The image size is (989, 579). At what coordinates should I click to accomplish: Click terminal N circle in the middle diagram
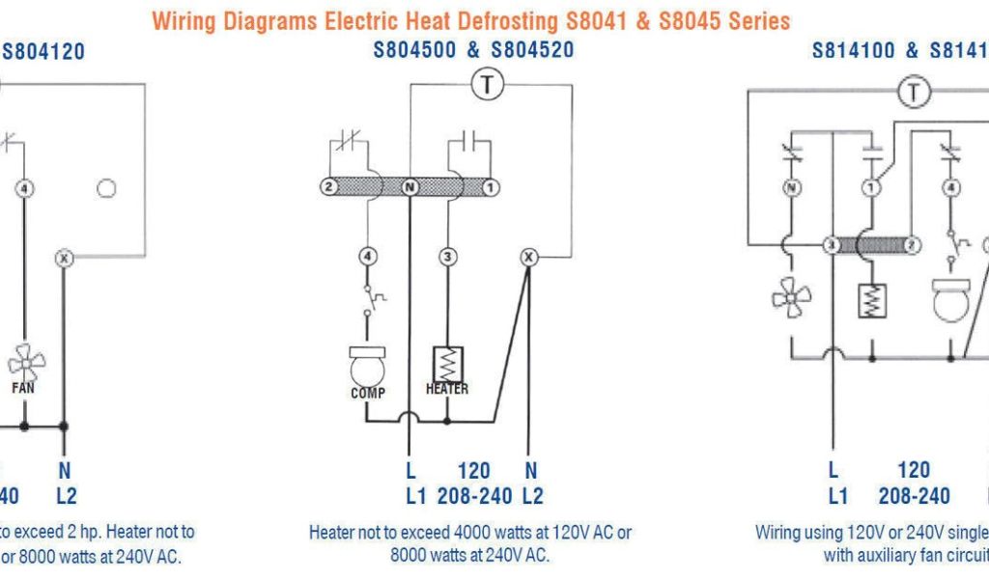410,186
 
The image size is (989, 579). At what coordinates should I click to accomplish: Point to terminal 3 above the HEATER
447,257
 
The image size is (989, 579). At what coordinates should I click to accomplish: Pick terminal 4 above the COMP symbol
368,257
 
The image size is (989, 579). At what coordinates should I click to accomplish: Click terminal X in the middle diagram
528,257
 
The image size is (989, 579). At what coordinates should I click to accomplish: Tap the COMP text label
368,392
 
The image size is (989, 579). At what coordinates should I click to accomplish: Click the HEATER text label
447,388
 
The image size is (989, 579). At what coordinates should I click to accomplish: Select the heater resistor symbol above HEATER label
448,363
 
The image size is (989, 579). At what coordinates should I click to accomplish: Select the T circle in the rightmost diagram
912,93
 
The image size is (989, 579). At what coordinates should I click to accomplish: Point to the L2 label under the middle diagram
531,496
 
